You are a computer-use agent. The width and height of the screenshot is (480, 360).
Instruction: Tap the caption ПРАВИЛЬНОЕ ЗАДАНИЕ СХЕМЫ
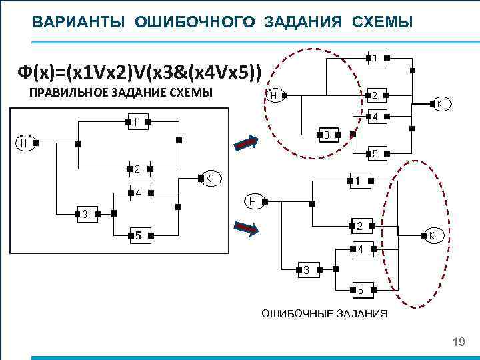tap(121, 93)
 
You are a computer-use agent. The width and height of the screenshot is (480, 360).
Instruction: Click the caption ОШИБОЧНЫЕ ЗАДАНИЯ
tap(324, 313)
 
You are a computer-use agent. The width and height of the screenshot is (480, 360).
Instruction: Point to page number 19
tap(458, 342)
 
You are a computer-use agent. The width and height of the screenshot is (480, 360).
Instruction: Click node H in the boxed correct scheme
tap(25, 142)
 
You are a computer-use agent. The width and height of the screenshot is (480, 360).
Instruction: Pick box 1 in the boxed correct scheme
tap(136, 122)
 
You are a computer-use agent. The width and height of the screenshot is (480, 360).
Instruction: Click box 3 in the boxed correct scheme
tap(85, 214)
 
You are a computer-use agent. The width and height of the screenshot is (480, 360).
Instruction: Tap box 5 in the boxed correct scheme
tap(138, 235)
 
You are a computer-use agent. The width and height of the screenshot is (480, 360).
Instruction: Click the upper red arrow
tap(245, 142)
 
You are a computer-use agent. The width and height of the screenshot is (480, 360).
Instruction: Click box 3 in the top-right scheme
tap(327, 135)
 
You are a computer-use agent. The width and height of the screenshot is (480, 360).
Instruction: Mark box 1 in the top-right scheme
tap(375, 59)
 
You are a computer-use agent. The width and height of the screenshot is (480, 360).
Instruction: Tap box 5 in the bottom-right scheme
tap(361, 290)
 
